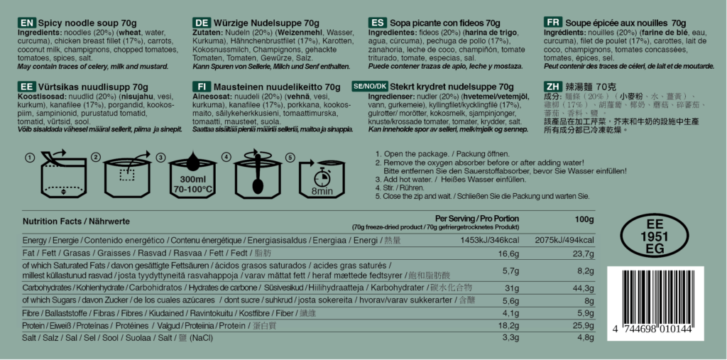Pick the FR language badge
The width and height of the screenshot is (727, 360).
(553, 23)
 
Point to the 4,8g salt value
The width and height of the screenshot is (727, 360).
(584, 337)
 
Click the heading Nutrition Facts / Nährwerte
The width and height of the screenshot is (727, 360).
(76, 222)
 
